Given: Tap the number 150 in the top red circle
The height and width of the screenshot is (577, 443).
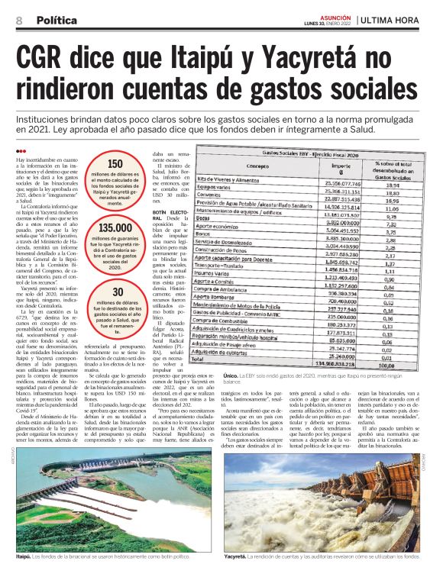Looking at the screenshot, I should [x=115, y=163].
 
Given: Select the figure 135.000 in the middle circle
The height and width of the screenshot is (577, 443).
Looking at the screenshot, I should [x=115, y=227].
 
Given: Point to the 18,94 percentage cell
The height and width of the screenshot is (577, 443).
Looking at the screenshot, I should [x=393, y=185].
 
